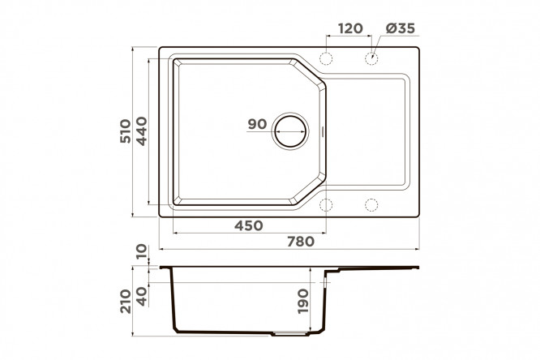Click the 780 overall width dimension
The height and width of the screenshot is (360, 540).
pos(301,242)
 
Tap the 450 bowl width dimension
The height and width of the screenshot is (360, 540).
pos(249,225)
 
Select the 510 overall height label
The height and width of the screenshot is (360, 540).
pos(126,131)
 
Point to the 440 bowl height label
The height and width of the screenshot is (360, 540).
pos(141,131)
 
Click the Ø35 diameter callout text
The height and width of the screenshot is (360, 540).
pos(401,28)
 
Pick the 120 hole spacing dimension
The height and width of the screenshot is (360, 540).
pos(350,28)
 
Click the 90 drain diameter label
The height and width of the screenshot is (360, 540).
pos(257,124)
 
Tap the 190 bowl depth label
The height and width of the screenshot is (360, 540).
pos(303,302)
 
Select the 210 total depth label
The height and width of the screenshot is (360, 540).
pos(126,302)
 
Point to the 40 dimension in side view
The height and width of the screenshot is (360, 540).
pos(141,297)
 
